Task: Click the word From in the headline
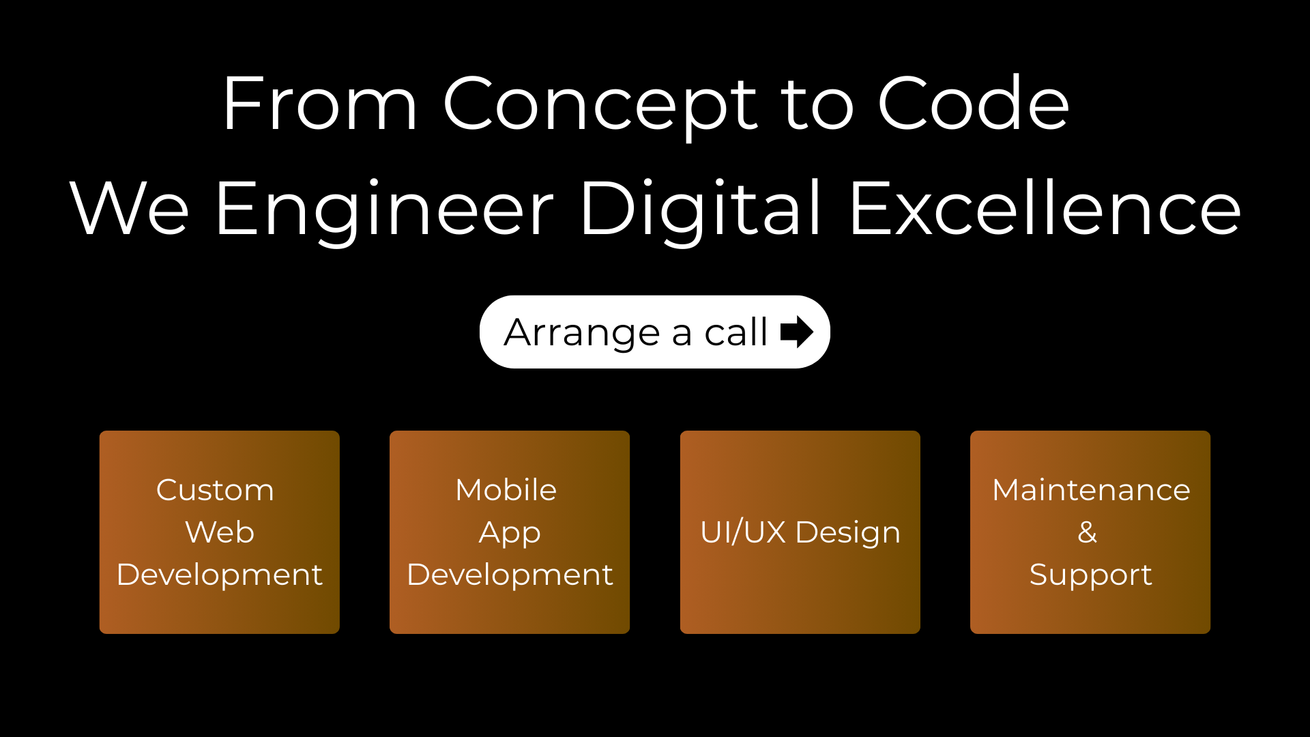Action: coord(319,104)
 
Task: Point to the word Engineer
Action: coord(385,212)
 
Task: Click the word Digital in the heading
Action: coord(701,212)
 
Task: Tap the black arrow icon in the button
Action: coord(796,332)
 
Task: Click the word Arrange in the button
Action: coord(582,334)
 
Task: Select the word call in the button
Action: coord(736,332)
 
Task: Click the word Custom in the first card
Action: coord(215,490)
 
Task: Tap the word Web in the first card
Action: coord(220,532)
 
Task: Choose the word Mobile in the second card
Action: coord(506,490)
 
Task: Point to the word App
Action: coord(510,534)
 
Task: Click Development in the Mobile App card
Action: coord(510,575)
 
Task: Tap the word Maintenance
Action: coord(1091,490)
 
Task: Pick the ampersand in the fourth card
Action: coord(1088,532)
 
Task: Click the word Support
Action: coord(1091,575)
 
